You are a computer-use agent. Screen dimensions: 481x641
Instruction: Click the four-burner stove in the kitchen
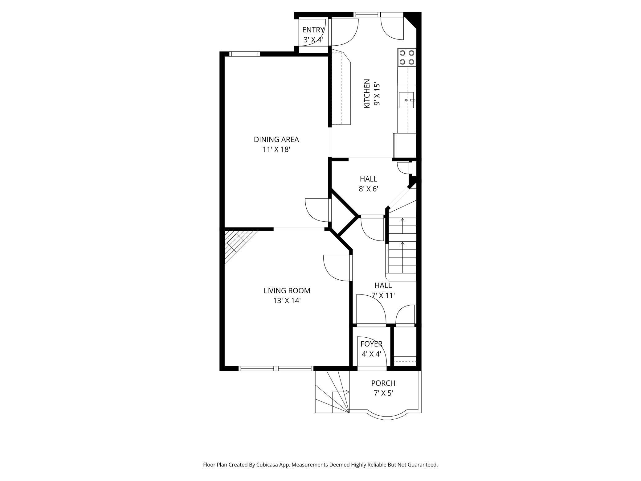[406, 57]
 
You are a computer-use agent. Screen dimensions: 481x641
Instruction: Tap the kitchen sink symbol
[406, 100]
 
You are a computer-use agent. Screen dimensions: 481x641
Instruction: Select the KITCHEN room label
[367, 93]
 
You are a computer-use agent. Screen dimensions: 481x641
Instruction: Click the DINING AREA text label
[276, 139]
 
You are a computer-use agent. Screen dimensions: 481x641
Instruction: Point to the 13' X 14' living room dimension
[287, 301]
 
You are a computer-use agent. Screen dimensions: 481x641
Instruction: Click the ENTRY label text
[313, 30]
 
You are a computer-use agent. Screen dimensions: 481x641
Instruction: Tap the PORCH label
[383, 383]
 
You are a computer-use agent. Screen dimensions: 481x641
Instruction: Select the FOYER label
[371, 344]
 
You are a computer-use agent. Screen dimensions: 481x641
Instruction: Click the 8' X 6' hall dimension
[368, 189]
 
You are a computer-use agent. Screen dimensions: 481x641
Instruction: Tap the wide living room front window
[276, 368]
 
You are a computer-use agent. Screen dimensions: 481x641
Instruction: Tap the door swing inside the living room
[337, 268]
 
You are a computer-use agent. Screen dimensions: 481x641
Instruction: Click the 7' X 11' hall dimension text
[383, 296]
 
